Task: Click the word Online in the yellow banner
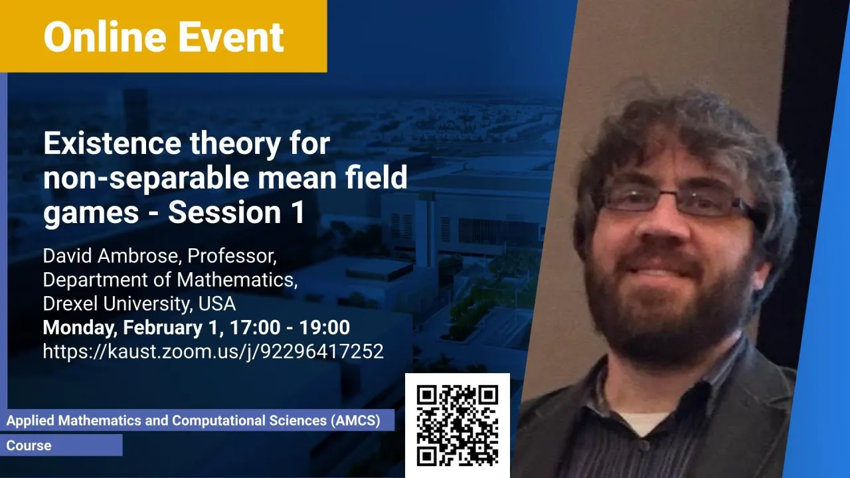point(105,37)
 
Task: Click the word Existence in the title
point(112,143)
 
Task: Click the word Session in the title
point(224,212)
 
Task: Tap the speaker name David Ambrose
point(110,256)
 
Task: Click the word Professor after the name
point(232,256)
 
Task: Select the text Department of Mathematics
point(170,280)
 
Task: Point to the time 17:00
point(255,327)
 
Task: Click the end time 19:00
point(325,327)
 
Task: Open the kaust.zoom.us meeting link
point(213,352)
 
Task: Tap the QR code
point(458,426)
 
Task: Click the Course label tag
point(29,445)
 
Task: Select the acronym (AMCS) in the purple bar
point(355,421)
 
